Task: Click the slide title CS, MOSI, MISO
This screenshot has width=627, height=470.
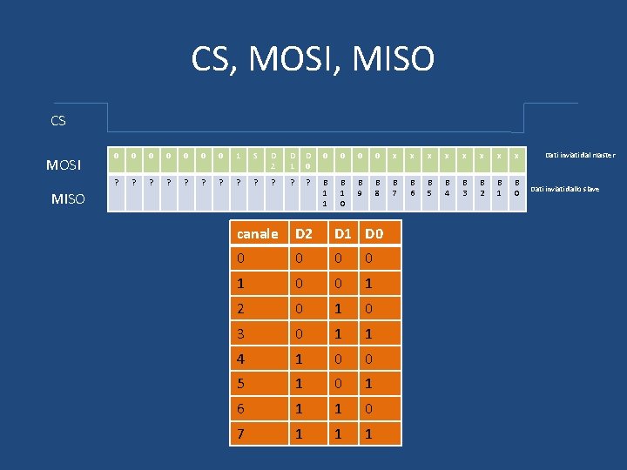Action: click(x=313, y=59)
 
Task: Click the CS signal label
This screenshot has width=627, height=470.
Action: click(x=58, y=121)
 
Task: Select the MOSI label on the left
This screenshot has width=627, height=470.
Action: click(x=64, y=164)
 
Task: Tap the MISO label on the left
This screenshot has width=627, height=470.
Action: click(x=68, y=199)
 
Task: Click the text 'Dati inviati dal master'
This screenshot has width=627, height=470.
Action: click(x=580, y=155)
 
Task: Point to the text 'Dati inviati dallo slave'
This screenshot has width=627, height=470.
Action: click(x=565, y=189)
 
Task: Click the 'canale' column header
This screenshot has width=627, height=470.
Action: click(x=258, y=233)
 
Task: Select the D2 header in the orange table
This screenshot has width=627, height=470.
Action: click(x=304, y=233)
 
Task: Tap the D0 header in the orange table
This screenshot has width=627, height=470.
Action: click(x=374, y=233)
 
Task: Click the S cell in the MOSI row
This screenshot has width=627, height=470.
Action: click(x=255, y=155)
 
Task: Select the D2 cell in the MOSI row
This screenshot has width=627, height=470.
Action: click(x=273, y=160)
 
